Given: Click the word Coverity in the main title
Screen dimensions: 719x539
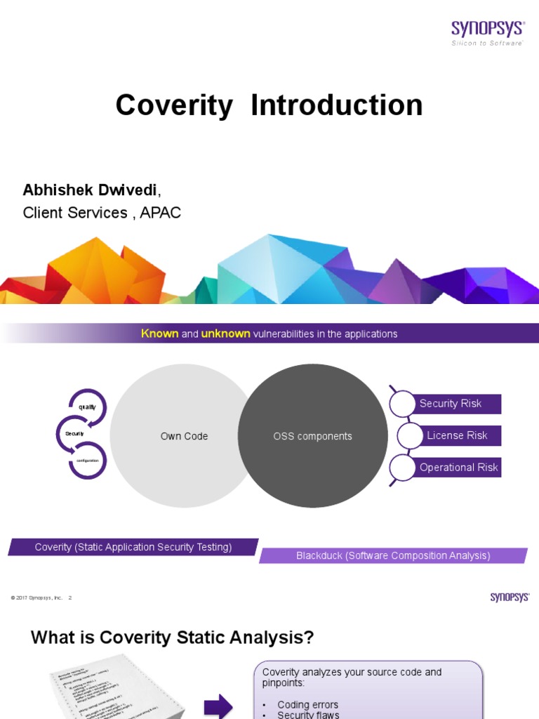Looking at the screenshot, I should [x=174, y=105].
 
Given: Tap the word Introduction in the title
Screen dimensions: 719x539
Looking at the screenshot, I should [x=337, y=105].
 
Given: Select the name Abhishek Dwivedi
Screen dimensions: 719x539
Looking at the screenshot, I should [x=91, y=190].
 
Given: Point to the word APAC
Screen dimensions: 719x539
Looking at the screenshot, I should [x=160, y=213].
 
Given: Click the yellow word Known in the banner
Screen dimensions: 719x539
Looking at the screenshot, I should [x=159, y=334].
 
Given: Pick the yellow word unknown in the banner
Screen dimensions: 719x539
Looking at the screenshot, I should [x=225, y=334].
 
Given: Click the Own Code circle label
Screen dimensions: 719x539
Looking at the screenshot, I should [x=184, y=436].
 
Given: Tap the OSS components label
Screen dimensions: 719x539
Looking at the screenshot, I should [x=312, y=436].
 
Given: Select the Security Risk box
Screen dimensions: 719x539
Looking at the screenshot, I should [x=451, y=404].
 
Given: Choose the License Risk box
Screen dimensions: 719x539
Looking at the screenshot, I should [x=457, y=435].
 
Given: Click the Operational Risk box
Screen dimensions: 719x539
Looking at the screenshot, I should [x=458, y=467].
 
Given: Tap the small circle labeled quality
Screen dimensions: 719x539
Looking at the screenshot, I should [x=87, y=407].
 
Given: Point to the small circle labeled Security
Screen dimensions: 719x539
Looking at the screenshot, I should [x=75, y=434].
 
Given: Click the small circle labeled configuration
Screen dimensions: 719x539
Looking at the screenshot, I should [x=88, y=460].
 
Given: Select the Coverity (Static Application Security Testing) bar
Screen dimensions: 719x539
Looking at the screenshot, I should [x=133, y=547].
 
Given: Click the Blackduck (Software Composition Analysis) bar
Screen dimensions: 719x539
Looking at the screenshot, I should [x=393, y=555].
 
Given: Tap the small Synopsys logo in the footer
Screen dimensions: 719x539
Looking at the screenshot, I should [x=510, y=597].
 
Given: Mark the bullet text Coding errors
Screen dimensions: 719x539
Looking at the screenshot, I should [x=307, y=704].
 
